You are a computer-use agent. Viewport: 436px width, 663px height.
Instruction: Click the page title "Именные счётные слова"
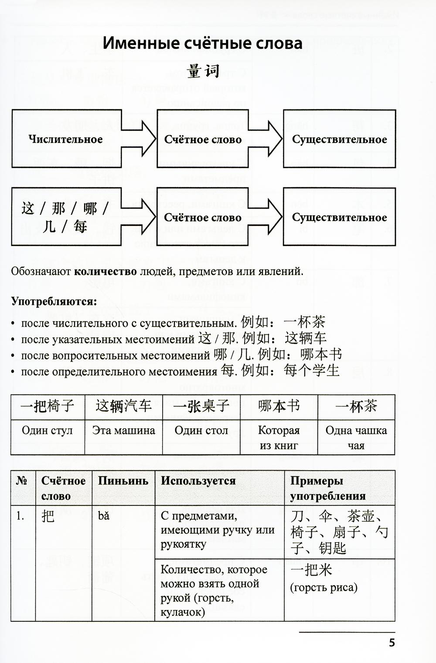[202, 44]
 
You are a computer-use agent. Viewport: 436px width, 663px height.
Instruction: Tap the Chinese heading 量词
[203, 71]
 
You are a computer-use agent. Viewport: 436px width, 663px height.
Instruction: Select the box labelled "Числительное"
[66, 139]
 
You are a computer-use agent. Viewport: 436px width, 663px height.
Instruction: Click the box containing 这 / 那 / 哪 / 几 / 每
[65, 217]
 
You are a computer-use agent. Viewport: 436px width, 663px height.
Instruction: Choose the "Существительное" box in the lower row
[339, 217]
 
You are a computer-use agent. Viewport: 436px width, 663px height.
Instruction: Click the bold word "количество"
[105, 272]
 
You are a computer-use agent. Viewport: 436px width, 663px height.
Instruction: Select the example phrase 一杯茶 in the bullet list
[304, 322]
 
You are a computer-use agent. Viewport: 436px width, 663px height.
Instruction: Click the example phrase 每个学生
[311, 371]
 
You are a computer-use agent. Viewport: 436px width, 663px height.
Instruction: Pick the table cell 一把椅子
[48, 407]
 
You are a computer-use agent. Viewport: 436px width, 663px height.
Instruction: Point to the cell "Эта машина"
[123, 431]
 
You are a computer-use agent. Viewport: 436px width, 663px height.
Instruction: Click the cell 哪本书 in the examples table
[279, 407]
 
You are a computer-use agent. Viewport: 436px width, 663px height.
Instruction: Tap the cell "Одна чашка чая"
[356, 438]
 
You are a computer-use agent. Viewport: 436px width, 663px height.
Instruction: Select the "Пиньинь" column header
[123, 481]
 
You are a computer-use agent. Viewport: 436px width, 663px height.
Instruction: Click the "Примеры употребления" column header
[327, 488]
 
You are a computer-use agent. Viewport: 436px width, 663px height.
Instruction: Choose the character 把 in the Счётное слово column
[48, 516]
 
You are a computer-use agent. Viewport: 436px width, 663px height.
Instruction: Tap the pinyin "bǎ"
[104, 516]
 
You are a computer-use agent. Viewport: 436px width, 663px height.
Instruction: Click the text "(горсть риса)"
[324, 588]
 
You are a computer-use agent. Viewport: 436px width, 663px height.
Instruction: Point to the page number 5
[392, 643]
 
